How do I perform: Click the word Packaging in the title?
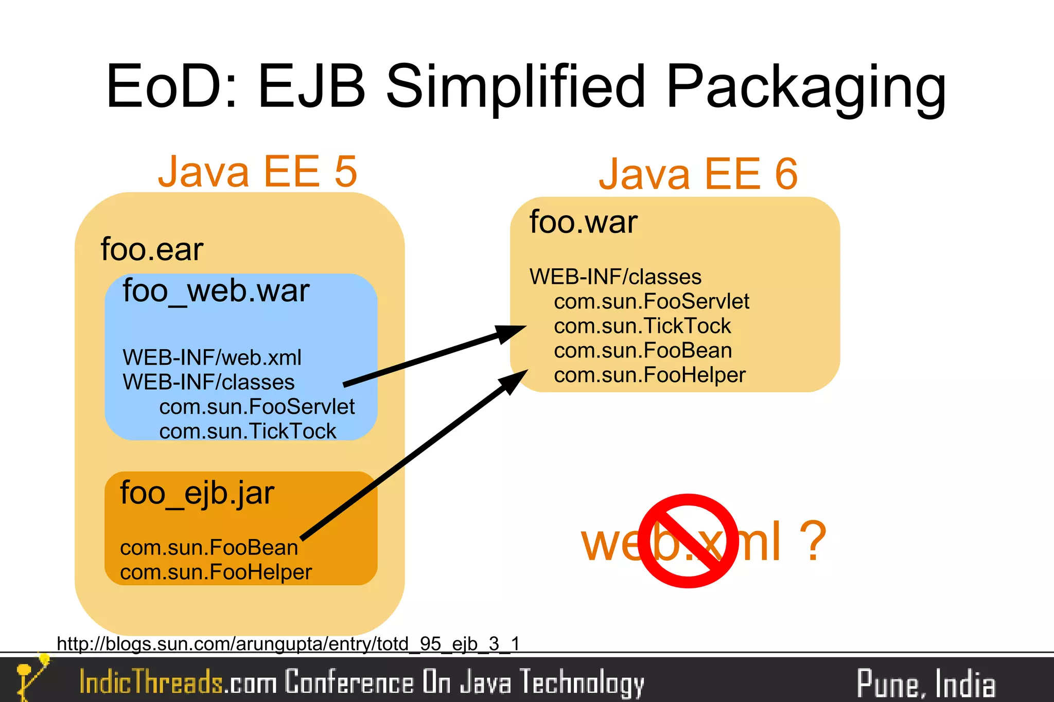click(x=805, y=87)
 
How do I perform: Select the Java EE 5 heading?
click(x=257, y=171)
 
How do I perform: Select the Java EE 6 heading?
click(x=698, y=174)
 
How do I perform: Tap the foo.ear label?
click(x=152, y=249)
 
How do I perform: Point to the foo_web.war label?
click(x=216, y=291)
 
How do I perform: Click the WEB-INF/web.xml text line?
click(x=212, y=357)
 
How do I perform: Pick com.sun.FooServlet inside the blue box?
click(x=257, y=407)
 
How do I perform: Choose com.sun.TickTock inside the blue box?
click(x=248, y=431)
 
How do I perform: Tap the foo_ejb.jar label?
click(x=197, y=493)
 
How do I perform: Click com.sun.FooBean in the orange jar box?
click(x=209, y=548)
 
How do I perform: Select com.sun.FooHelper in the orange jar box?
click(x=216, y=572)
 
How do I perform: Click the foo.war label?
click(x=584, y=222)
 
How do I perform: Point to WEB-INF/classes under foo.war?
click(x=616, y=277)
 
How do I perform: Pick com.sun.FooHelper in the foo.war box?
click(x=649, y=375)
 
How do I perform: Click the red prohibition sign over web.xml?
click(x=689, y=541)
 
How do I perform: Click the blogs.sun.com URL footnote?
click(x=288, y=643)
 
